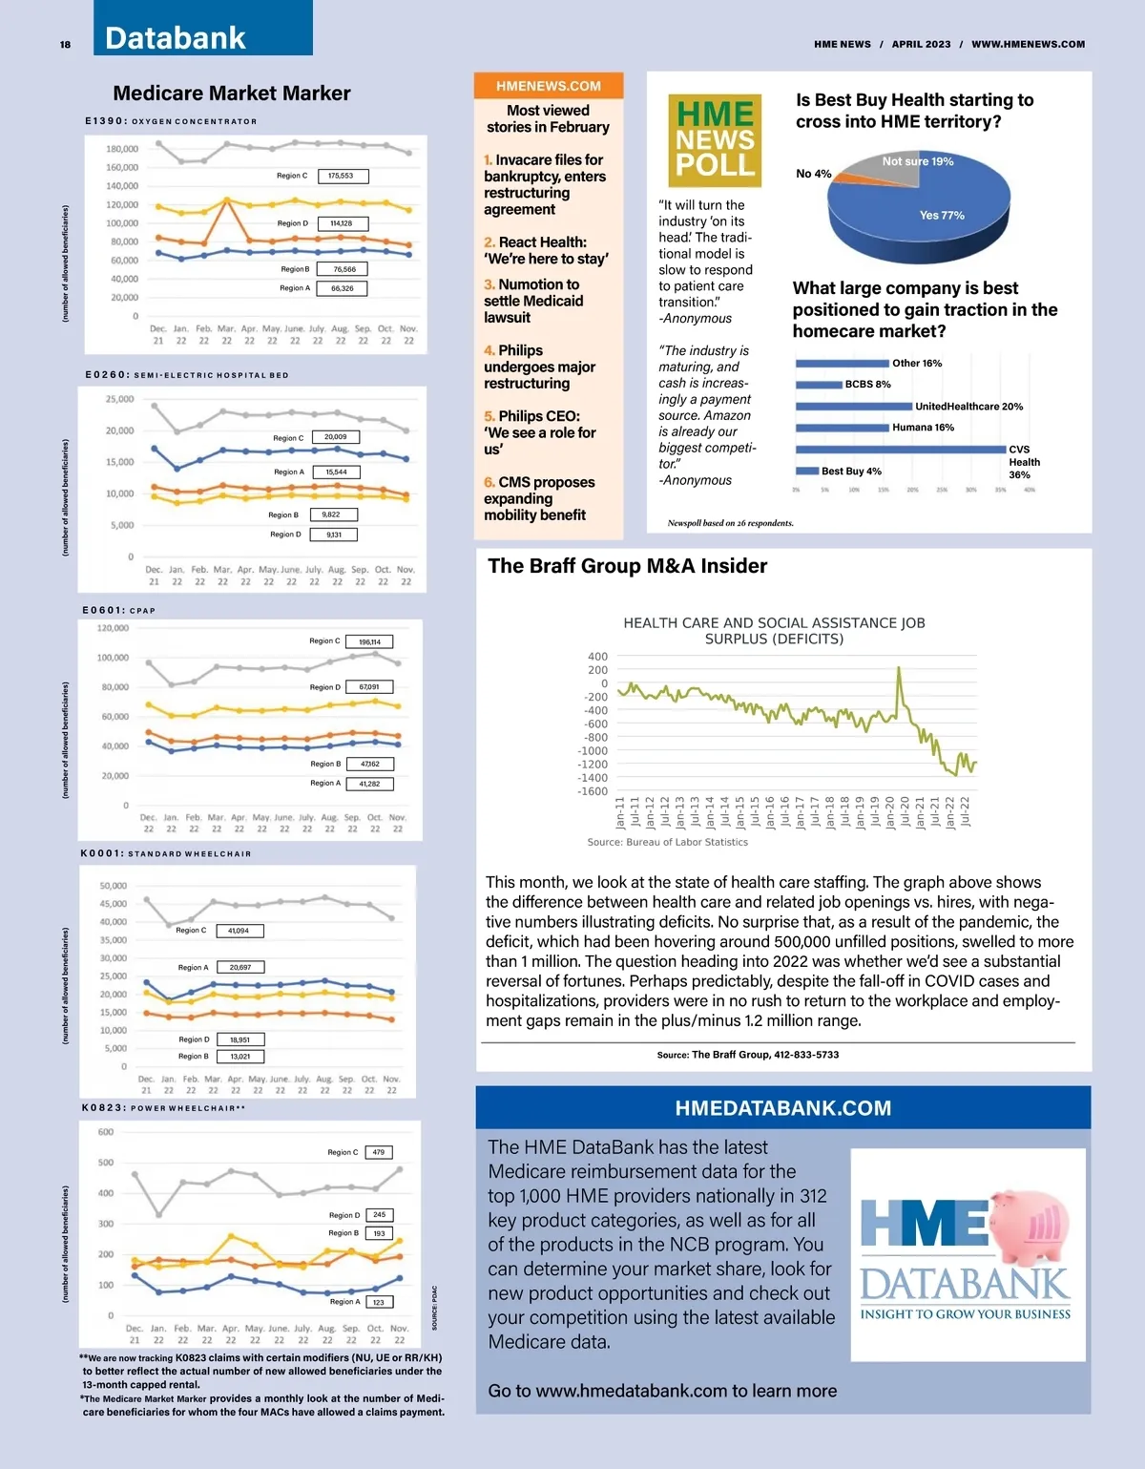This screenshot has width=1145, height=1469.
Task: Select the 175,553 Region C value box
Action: click(341, 176)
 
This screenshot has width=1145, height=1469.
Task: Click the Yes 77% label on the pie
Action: click(942, 216)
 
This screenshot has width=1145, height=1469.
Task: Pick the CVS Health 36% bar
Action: click(900, 449)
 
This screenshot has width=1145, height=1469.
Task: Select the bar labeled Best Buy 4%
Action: click(806, 471)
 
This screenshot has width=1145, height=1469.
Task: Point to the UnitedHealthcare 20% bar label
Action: click(968, 407)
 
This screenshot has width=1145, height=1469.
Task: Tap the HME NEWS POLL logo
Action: click(715, 140)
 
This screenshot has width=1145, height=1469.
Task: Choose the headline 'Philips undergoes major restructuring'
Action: click(539, 367)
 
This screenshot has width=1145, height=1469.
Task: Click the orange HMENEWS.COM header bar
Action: click(549, 86)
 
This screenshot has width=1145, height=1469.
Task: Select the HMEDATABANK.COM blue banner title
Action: click(782, 1108)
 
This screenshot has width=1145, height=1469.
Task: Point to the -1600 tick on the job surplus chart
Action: click(593, 791)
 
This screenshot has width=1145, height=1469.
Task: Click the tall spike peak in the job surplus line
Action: click(899, 668)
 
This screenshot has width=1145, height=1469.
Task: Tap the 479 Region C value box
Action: click(379, 1152)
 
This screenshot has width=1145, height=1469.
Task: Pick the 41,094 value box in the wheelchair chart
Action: click(239, 931)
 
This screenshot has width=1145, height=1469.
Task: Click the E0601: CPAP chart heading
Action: click(119, 610)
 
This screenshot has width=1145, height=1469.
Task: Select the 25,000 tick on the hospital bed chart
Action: click(120, 399)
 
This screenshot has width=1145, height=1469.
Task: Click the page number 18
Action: click(65, 45)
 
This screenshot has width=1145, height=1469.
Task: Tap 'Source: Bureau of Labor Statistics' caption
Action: click(667, 842)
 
